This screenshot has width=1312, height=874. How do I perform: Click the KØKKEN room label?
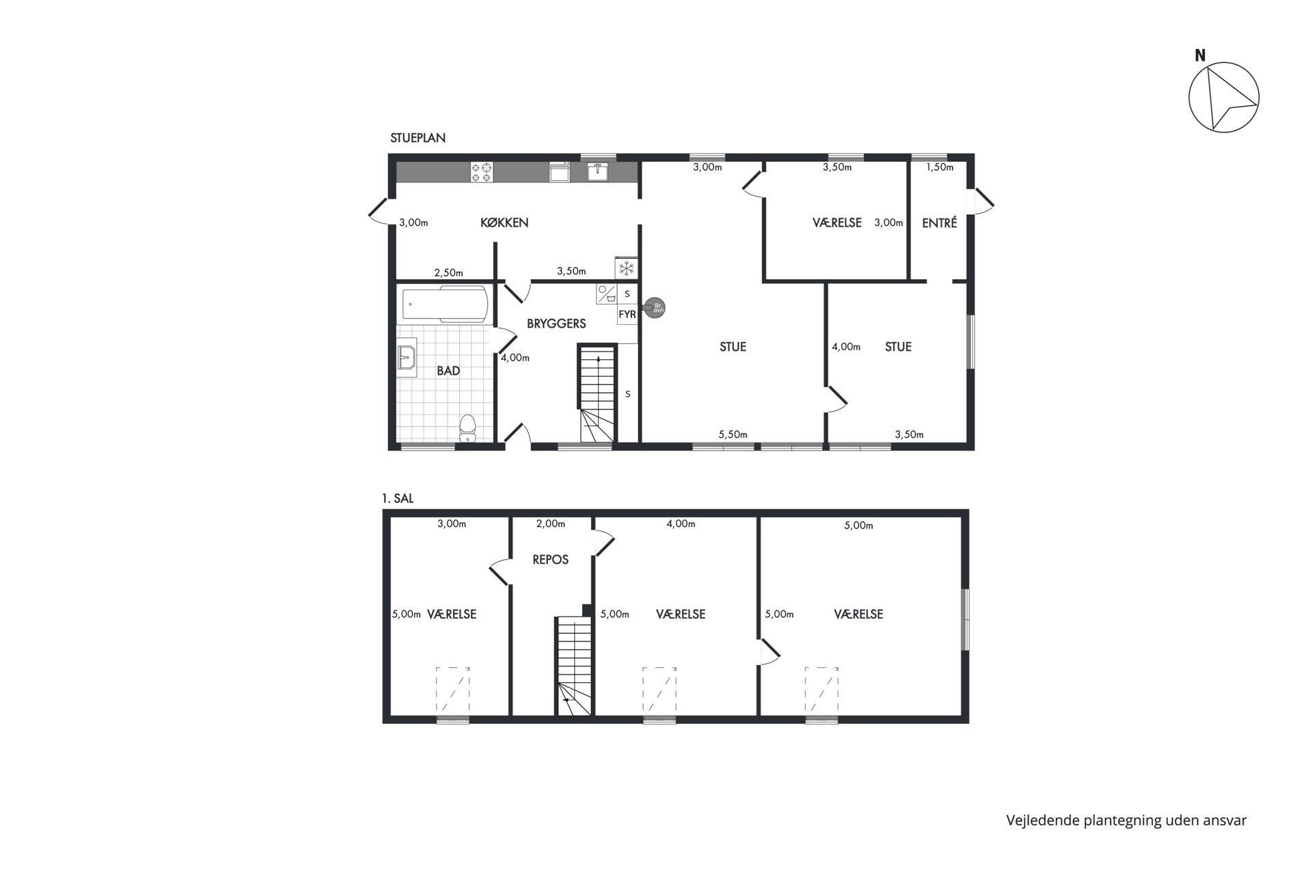504,223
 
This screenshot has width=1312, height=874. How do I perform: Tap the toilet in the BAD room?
467,428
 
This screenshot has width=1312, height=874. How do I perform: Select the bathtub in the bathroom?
445,304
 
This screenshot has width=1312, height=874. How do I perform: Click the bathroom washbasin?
407,357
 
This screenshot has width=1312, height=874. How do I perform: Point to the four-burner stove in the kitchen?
482,171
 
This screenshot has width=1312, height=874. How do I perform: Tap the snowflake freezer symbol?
626,268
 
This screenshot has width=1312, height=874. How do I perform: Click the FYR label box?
627,315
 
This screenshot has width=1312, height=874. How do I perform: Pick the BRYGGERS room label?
556,324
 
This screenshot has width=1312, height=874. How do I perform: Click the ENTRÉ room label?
939,223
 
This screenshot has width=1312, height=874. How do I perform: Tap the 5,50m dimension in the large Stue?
733,434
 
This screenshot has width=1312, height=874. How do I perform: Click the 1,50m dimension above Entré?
940,167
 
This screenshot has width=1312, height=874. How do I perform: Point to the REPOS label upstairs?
550,560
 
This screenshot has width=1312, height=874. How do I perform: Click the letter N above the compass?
1200,56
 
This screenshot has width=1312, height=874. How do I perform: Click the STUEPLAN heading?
418,138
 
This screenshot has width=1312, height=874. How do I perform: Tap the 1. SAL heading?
398,498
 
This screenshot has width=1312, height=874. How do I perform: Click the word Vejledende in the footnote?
1043,821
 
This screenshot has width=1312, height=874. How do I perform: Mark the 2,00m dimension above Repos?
550,524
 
